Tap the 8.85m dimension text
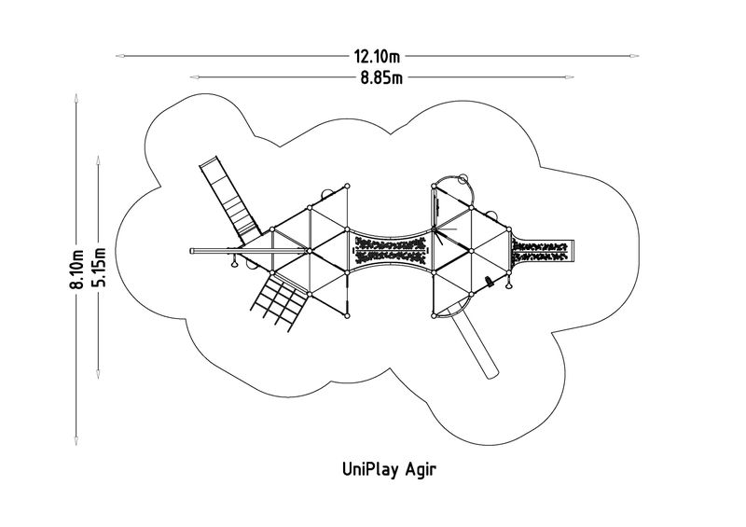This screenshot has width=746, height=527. click(381, 77)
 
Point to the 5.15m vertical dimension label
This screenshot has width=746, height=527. click(101, 270)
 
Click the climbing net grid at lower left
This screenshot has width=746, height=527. click(278, 300)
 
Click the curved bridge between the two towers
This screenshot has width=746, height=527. click(390, 250)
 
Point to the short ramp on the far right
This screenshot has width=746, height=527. click(543, 250)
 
